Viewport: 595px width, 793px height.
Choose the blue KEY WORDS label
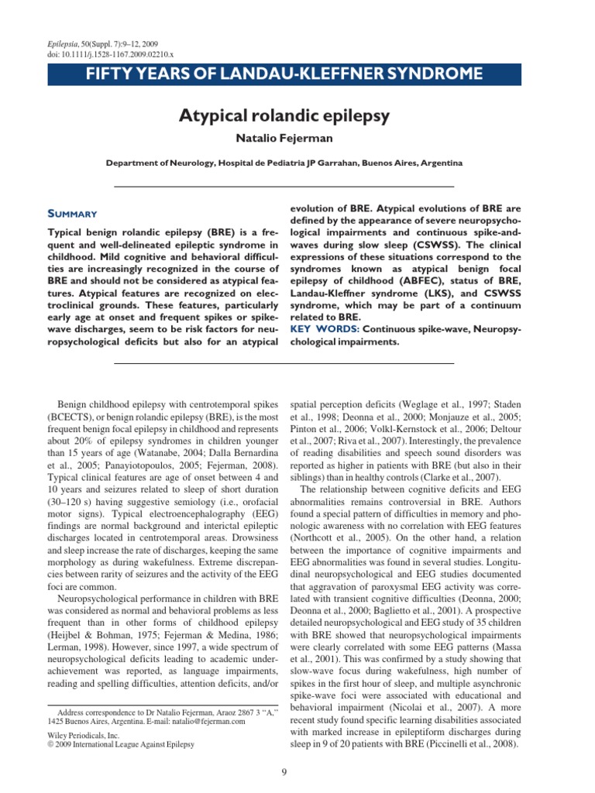320,329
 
